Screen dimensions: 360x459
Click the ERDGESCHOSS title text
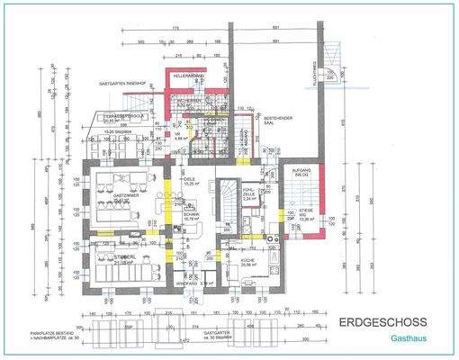click(377, 321)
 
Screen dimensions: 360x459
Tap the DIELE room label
click(190, 180)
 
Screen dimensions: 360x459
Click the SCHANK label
click(191, 216)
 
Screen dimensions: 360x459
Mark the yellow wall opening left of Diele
click(167, 191)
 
